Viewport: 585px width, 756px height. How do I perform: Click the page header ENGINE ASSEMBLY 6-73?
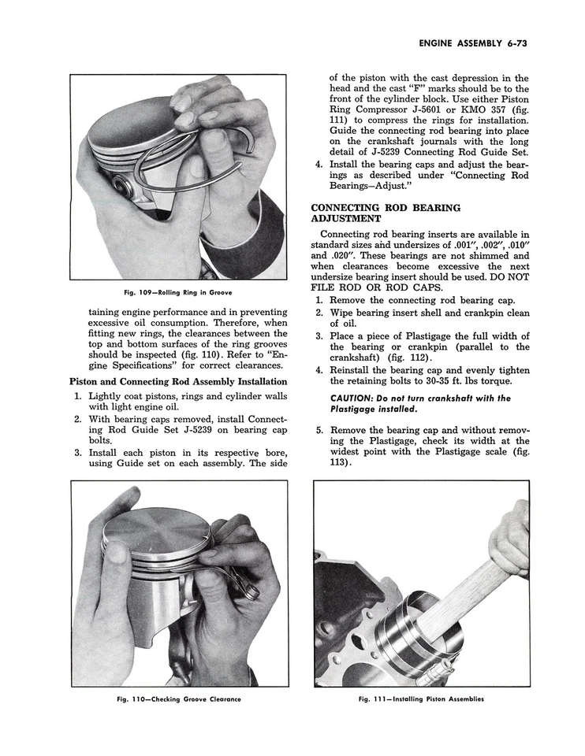pyautogui.click(x=472, y=43)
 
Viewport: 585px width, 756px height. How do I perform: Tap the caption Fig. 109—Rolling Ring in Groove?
pyautogui.click(x=179, y=293)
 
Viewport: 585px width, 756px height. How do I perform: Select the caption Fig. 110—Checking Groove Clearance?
pyautogui.click(x=179, y=699)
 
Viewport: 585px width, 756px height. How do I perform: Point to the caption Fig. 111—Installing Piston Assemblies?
pyautogui.click(x=421, y=699)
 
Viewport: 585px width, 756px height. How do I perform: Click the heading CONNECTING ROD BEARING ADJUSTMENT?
pyautogui.click(x=386, y=213)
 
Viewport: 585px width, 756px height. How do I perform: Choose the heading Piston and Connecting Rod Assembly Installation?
pyautogui.click(x=178, y=382)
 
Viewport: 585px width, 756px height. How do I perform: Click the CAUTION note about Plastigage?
pyautogui.click(x=420, y=404)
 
